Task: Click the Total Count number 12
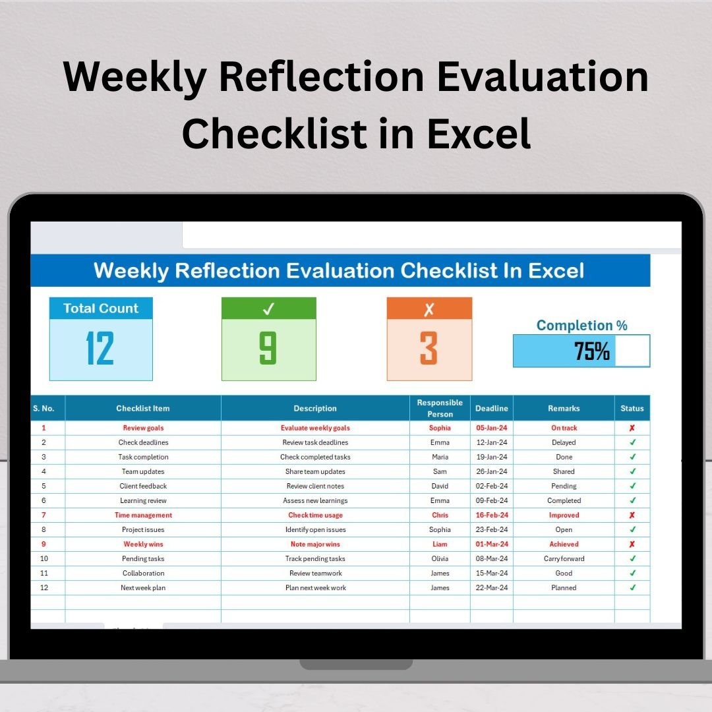pos(100,348)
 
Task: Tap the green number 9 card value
pos(268,348)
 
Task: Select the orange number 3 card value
pos(429,348)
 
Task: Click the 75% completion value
pos(591,351)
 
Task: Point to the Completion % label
pos(581,325)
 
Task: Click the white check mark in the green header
pos(268,309)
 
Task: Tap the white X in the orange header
pos(429,309)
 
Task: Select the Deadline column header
pos(491,408)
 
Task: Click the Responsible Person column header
pos(440,408)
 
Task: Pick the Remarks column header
pos(564,408)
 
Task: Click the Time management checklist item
pos(143,515)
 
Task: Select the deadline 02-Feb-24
pos(491,486)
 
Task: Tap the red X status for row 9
pos(632,544)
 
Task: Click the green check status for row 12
pos(632,587)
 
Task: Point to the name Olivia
pos(440,558)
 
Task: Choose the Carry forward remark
pos(564,558)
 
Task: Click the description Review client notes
pos(315,486)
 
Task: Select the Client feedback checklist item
pos(143,486)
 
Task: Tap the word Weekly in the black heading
pos(135,78)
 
